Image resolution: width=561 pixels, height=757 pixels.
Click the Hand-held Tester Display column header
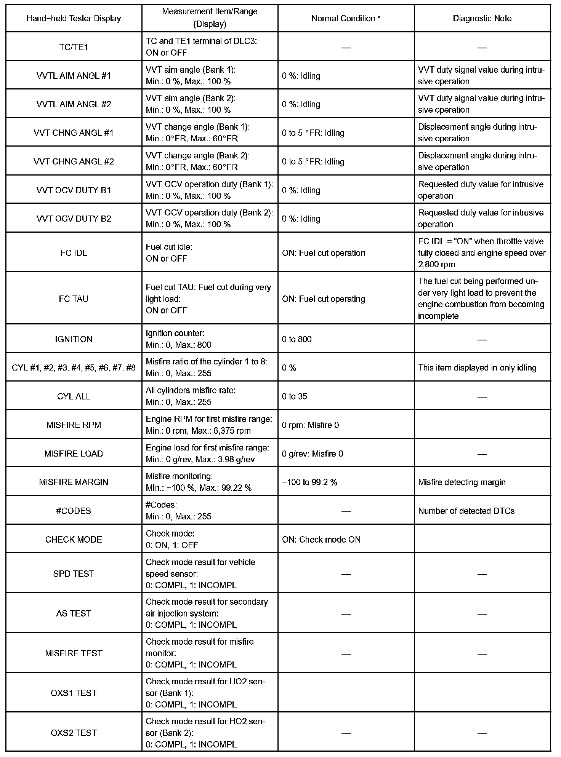coord(74,18)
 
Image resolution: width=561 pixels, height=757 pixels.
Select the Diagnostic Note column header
coord(482,18)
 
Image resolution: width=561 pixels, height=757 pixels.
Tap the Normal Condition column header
coord(346,18)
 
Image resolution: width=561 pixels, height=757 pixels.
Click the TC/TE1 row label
coord(74,47)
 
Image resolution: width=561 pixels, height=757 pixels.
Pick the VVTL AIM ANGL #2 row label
coord(74,104)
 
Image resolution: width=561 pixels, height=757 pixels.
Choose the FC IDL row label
coord(74,253)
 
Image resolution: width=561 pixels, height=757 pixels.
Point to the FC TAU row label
coord(74,299)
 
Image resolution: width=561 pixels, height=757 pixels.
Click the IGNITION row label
coord(74,339)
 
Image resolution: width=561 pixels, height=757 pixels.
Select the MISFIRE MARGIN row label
coord(74,482)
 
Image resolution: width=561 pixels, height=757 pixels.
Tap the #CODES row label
coord(74,511)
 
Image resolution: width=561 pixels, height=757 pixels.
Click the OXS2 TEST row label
coord(74,733)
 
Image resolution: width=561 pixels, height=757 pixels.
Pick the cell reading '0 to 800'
coord(297,339)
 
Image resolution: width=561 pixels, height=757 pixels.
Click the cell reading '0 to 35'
coord(294,396)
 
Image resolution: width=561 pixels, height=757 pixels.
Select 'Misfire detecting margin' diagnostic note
coord(462,482)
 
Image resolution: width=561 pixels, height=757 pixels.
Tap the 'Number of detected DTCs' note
coord(466,511)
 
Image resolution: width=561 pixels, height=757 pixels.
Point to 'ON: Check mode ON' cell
coord(321,540)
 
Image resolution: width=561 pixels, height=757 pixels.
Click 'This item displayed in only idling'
coord(477,368)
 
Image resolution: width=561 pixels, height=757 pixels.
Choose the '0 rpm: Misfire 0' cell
coord(310,425)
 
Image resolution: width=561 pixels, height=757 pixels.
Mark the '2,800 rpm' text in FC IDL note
coord(436,264)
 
